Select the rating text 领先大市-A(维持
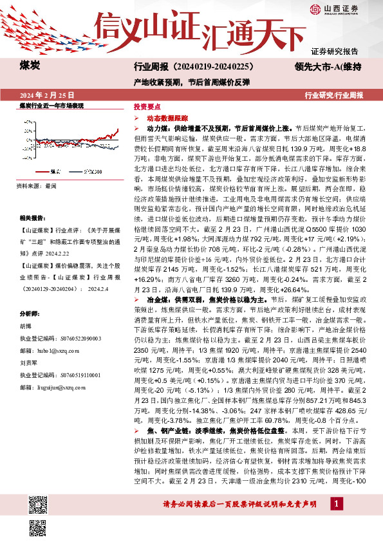[x=327, y=66]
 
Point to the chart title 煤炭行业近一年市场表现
[x=51, y=104]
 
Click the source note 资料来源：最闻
[x=39, y=185]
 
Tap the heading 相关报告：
[x=33, y=220]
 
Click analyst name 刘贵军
[x=28, y=380]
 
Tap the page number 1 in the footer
[x=335, y=521]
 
